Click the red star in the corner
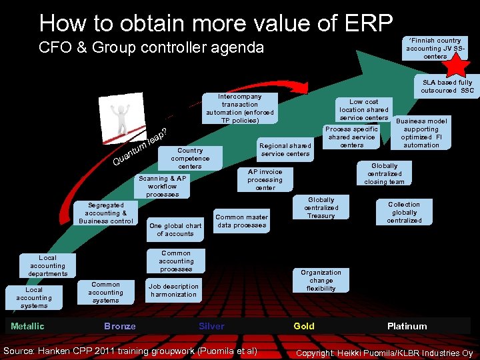pyautogui.click(x=457, y=64)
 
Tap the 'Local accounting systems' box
pyautogui.click(x=34, y=298)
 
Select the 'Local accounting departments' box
pyautogui.click(x=48, y=265)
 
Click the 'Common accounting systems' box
pyautogui.click(x=105, y=292)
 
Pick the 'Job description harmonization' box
pyautogui.click(x=173, y=290)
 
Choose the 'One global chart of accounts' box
pyautogui.click(x=175, y=229)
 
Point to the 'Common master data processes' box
pyautogui.click(x=241, y=221)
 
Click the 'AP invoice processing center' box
pyautogui.click(x=265, y=179)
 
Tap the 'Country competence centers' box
pyautogui.click(x=190, y=159)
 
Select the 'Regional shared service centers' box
pyautogui.click(x=285, y=150)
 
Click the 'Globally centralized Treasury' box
pyautogui.click(x=321, y=207)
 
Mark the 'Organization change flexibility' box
pyautogui.click(x=321, y=280)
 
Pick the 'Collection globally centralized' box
pyautogui.click(x=404, y=212)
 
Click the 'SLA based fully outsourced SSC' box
pyautogui.click(x=447, y=87)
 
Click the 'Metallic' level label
pyautogui.click(x=27, y=326)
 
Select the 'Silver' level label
pyautogui.click(x=211, y=326)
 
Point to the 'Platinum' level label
pyautogui.click(x=407, y=326)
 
